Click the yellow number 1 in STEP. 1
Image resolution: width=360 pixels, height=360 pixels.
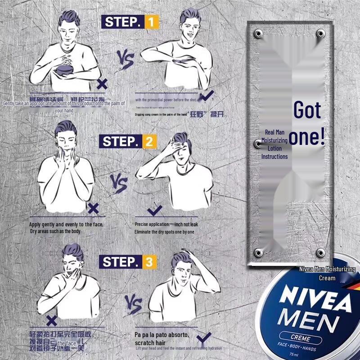151,22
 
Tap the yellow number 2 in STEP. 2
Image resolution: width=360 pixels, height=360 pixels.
149,142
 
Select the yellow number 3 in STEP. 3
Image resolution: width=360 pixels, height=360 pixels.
149,262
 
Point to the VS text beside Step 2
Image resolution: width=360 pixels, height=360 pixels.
119,184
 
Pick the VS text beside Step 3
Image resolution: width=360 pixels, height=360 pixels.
133,304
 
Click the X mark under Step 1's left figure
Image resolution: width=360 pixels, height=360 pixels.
103,84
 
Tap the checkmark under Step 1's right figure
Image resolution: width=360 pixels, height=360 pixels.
207,96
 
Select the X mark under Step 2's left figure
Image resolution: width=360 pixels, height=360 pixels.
93,208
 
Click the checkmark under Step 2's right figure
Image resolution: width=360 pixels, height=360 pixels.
155,209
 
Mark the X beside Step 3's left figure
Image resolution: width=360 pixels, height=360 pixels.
52,320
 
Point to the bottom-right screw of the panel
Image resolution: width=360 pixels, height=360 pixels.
320,252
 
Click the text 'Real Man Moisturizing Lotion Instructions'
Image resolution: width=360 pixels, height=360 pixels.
274,144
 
